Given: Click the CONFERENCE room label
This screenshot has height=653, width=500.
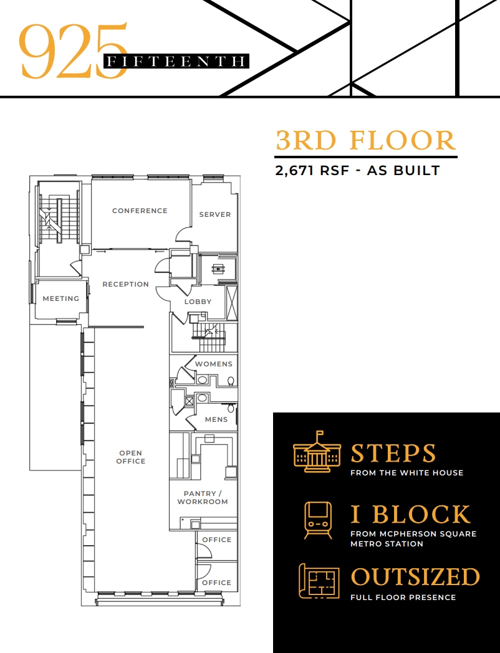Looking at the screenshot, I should point(140,211).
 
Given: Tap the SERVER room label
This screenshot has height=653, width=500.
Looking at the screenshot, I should point(214,214).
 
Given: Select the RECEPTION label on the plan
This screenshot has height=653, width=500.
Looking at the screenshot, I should point(125,284).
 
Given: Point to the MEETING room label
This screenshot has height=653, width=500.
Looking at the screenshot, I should point(60,298).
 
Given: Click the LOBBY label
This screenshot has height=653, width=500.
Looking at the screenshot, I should point(198,302).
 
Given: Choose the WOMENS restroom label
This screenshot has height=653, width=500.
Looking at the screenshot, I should point(213,364).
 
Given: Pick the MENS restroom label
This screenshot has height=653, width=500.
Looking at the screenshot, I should point(216,419).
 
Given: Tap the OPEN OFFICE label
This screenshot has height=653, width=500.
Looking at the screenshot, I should point(131,457).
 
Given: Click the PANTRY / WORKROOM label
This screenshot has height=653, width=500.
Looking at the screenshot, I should point(202,497).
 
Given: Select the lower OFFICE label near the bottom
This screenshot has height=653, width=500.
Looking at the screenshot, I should point(216,583).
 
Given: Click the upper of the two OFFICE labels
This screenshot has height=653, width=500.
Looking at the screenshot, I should point(216,540).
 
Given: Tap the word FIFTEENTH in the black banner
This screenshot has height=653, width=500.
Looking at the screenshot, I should point(176,61).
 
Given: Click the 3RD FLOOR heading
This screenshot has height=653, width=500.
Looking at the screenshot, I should point(366,141).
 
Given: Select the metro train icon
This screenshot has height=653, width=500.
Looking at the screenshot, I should point(318,520).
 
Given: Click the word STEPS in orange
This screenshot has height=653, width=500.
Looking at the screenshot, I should point(393,454).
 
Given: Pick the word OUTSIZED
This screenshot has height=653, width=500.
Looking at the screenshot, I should point(415,577).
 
